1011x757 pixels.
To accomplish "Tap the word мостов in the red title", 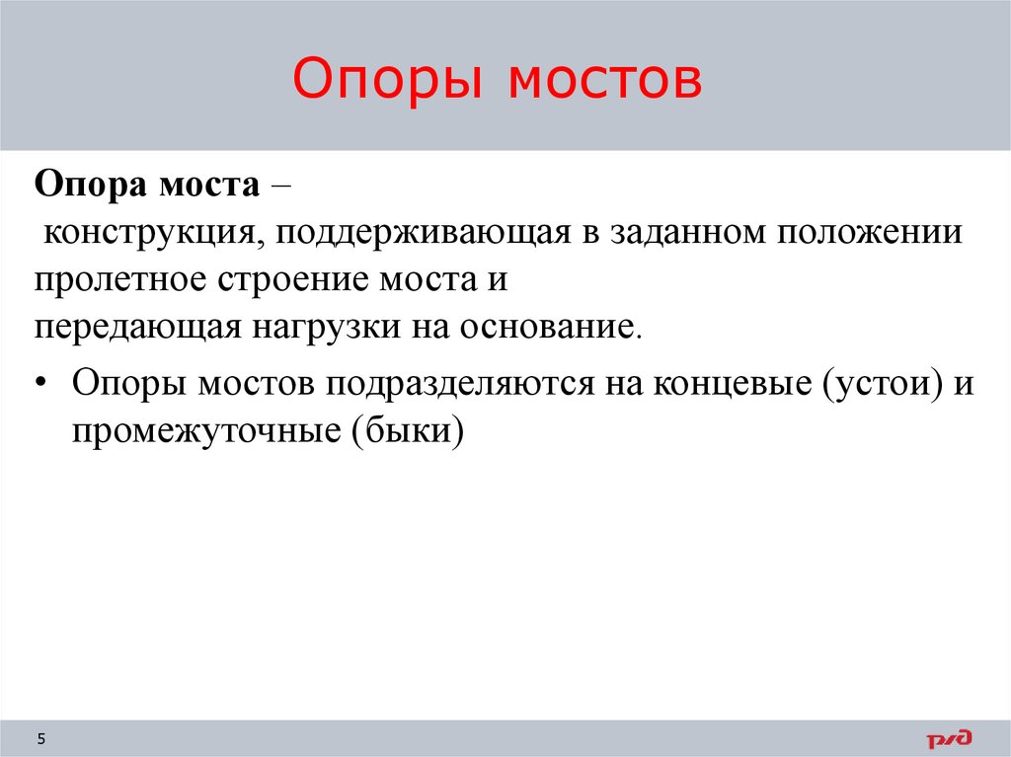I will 605,82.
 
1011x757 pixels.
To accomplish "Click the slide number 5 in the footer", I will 41,737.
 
